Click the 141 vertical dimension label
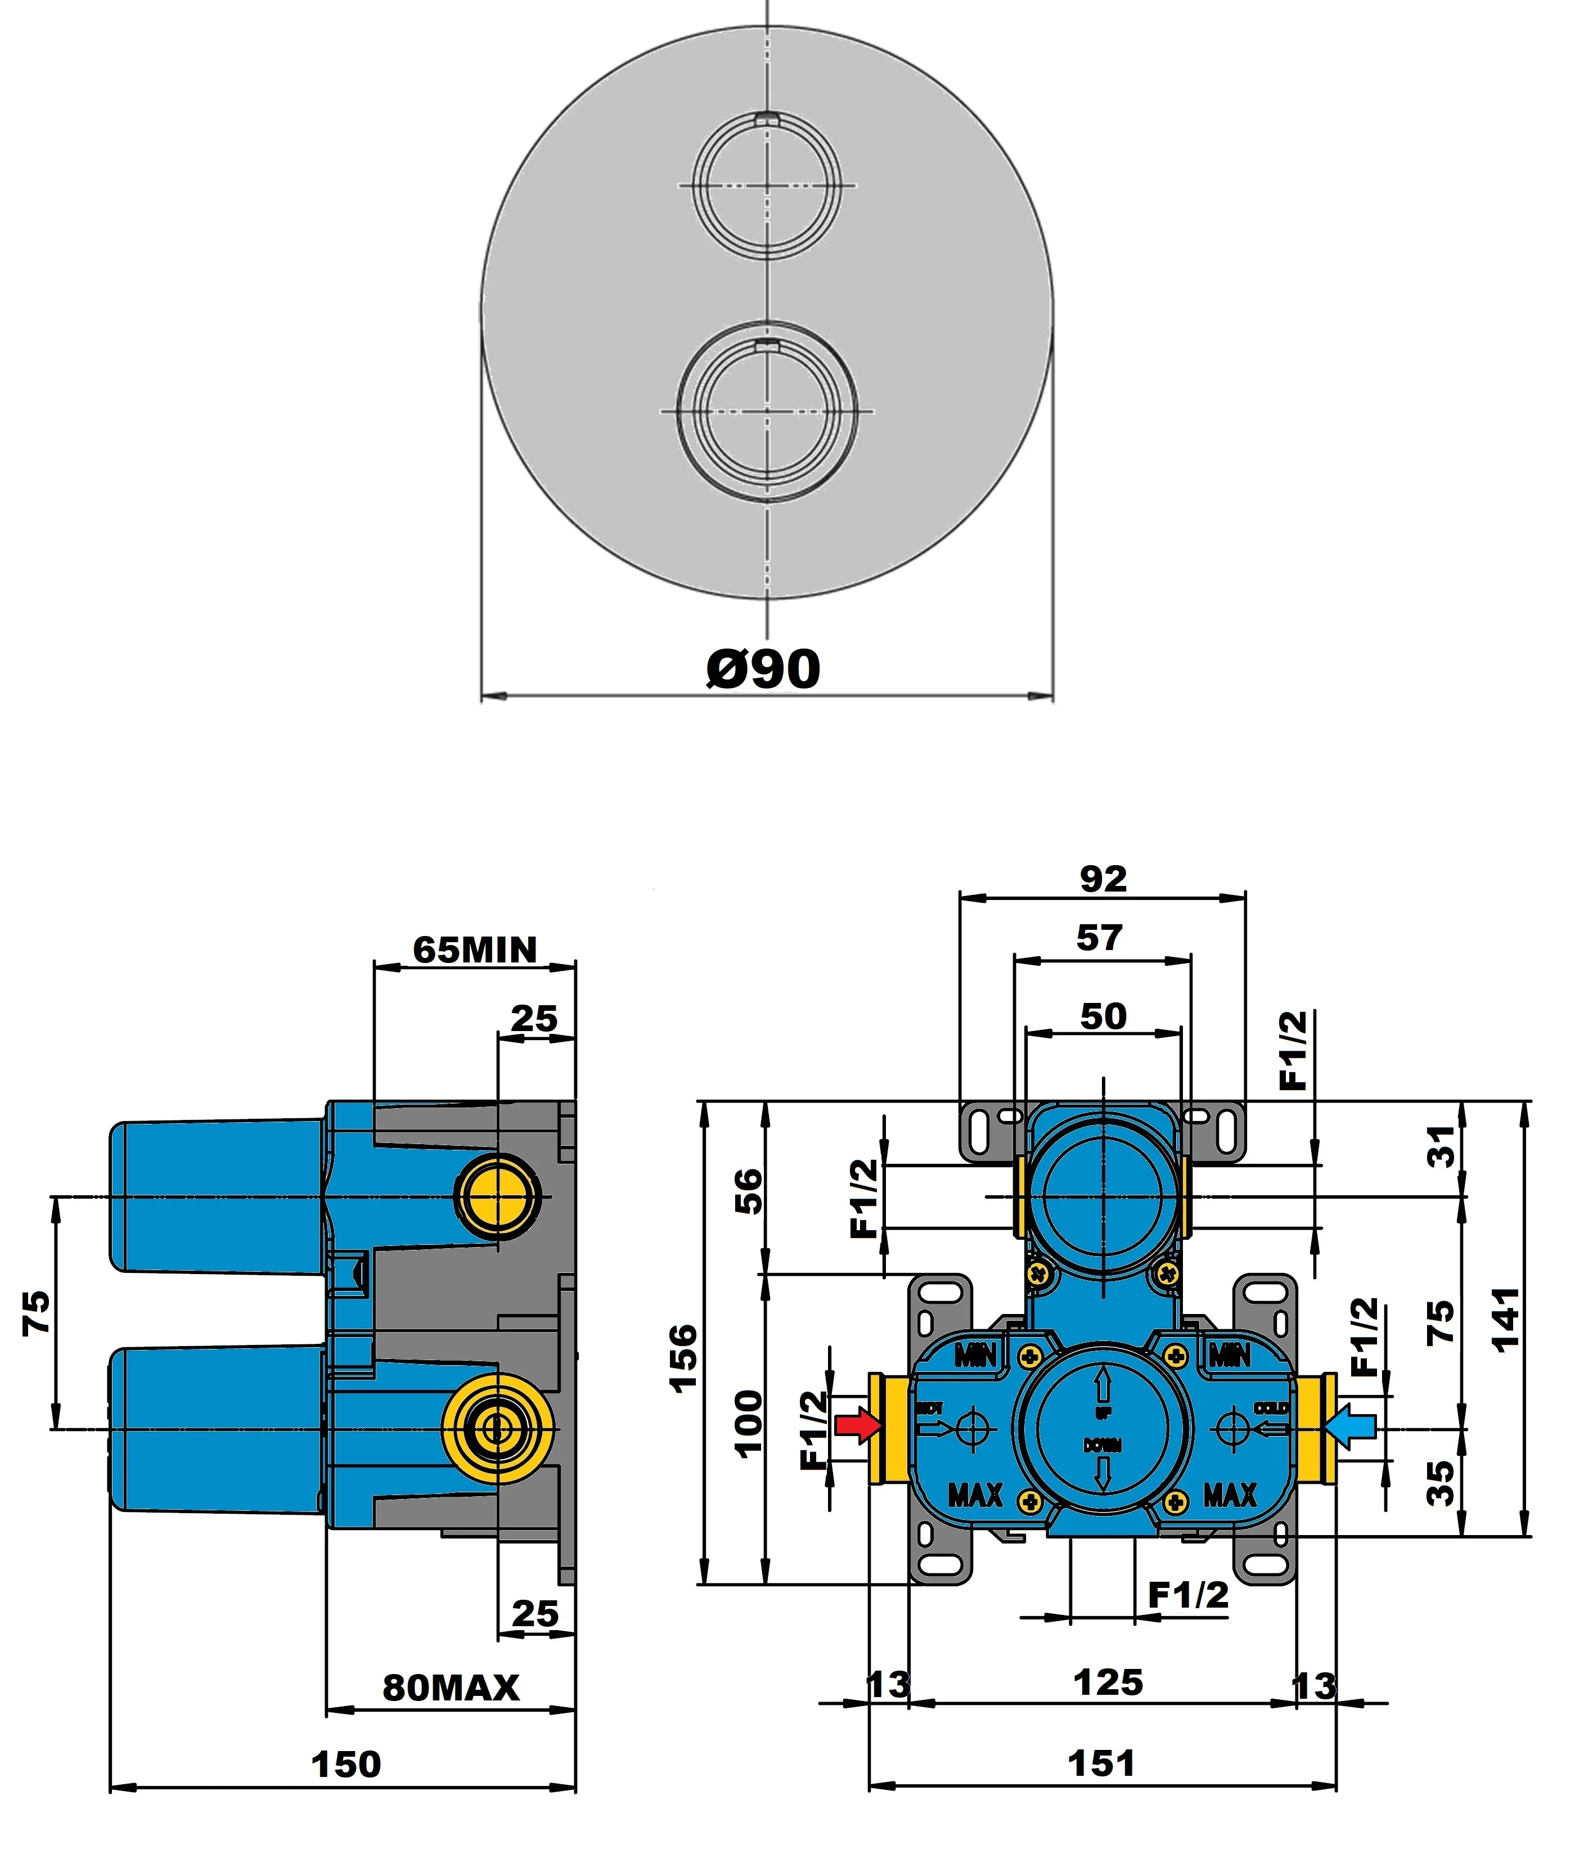click(x=1506, y=1319)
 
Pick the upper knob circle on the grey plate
click(x=767, y=185)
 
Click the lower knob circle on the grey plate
click(x=767, y=411)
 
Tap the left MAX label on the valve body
click(x=975, y=1495)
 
